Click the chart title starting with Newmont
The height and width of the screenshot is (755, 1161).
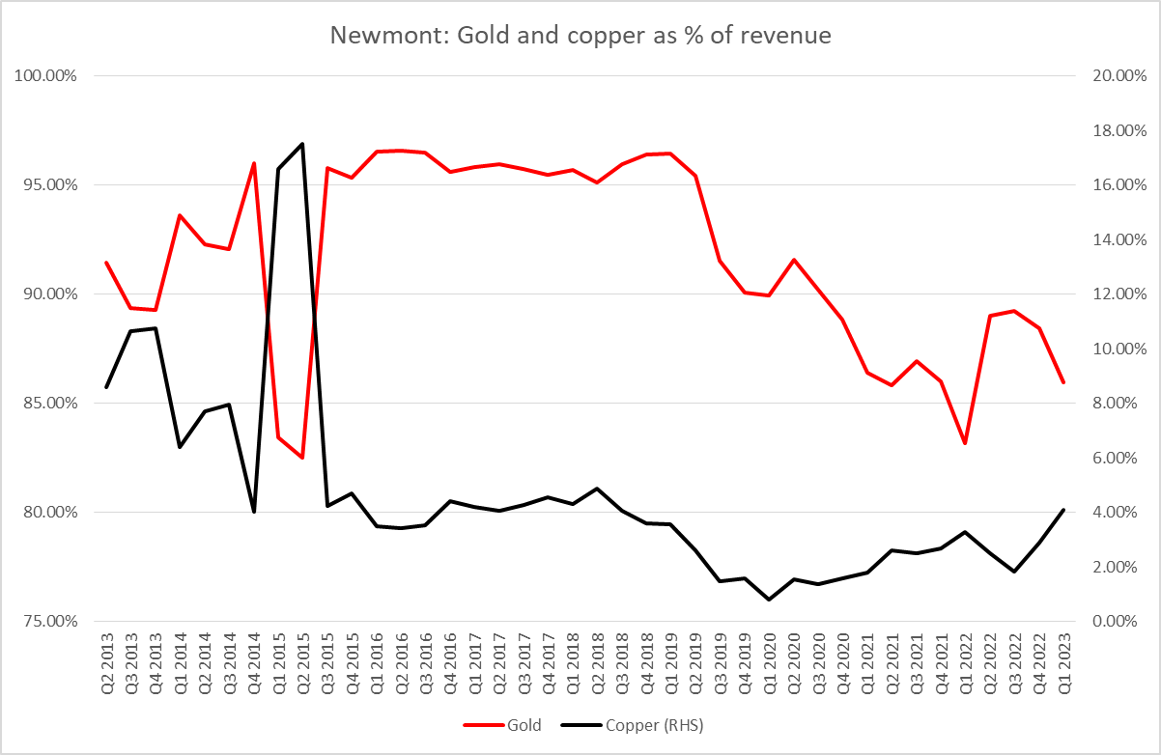[580, 36]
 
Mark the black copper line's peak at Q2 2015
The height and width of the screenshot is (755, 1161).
[303, 144]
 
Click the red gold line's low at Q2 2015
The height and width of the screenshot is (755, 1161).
[303, 458]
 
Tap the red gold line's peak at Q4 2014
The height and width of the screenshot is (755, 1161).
[254, 163]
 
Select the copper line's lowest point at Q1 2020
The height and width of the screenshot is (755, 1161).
[769, 600]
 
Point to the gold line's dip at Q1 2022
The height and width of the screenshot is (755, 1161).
[965, 443]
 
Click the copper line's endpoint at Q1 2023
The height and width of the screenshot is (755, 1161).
[1062, 510]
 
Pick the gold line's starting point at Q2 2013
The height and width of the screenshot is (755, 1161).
[106, 263]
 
